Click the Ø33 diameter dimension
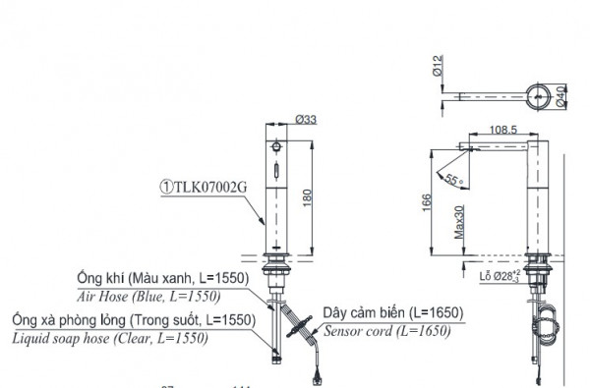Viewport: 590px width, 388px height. point(305,120)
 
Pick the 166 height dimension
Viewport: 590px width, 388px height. point(426,202)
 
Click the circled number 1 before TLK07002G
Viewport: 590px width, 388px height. point(167,183)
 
